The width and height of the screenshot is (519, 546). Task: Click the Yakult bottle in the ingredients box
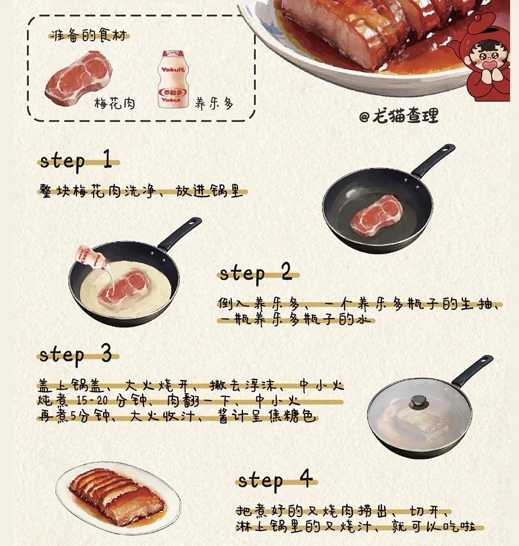coord(172,79)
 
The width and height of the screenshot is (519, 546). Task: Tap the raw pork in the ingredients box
coord(79,77)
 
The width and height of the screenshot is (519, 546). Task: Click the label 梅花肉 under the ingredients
coord(115,103)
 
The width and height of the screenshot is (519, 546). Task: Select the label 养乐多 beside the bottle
coord(214,103)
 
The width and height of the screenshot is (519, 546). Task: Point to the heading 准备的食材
coord(89,36)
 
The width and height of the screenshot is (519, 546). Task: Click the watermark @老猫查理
coord(399,116)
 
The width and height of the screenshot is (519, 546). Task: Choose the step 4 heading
coord(275,480)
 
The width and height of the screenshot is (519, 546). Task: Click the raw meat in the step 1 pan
coord(376,216)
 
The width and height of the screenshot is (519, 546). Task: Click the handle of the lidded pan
coord(472,370)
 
